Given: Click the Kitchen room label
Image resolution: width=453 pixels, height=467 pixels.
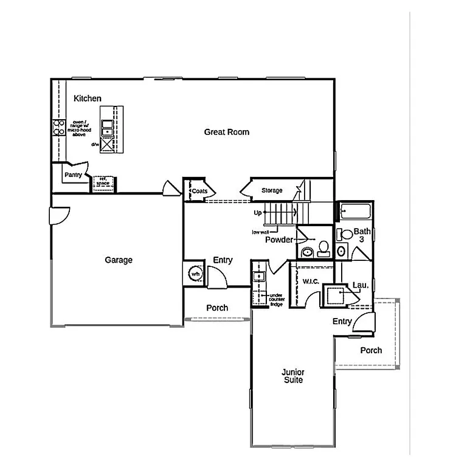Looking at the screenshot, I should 88,99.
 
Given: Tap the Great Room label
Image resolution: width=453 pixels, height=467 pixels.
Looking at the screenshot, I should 226,132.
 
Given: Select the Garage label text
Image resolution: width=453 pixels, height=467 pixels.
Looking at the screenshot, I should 119,260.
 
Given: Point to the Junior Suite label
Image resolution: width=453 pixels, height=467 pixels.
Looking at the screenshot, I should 292,376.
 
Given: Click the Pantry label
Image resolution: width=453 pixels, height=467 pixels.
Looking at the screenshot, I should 73,175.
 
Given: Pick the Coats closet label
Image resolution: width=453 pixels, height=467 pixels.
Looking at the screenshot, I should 199,191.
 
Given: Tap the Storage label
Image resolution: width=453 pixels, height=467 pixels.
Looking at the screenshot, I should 272,191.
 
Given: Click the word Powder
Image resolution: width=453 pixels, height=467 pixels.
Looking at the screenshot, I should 279,240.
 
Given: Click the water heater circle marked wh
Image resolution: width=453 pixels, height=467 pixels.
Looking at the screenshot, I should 196,274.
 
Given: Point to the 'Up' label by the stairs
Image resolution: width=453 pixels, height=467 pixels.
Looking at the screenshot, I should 258,213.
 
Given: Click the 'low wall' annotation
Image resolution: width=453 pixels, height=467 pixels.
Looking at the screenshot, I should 260,232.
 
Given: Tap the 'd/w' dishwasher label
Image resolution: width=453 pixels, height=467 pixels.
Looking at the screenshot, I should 95,144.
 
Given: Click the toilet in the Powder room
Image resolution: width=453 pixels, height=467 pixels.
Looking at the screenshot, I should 324,248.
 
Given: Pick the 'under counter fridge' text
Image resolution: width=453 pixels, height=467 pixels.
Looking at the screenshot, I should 277,299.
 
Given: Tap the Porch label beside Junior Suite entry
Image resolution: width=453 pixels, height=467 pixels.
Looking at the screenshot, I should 371,350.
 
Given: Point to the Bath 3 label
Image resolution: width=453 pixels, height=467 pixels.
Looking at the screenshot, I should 362,235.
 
